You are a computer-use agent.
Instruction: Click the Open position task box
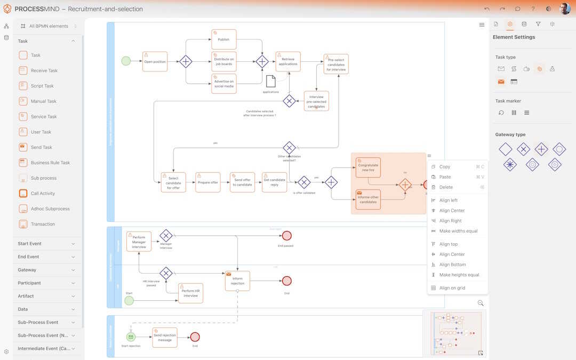[155, 62]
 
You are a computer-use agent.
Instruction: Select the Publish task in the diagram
[223, 39]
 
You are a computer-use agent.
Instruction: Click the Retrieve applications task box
[288, 62]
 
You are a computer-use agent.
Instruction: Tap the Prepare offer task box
[207, 182]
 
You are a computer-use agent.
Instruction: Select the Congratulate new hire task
[368, 167]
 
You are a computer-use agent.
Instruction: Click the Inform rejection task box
[237, 281]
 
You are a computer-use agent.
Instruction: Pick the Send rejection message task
[164, 338]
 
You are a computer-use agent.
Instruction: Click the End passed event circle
[287, 236]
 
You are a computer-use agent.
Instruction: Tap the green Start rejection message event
[131, 337]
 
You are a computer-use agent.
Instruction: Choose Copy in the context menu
[445, 167]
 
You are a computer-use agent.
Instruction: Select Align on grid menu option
[452, 288]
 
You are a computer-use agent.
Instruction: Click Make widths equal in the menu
[458, 231]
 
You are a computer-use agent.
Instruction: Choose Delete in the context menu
[446, 187]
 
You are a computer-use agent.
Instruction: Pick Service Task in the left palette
[44, 116]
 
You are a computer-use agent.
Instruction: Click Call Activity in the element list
[43, 193]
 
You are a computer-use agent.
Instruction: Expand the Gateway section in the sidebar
[47, 270]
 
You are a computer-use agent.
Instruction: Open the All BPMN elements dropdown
[49, 26]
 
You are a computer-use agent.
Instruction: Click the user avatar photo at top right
[565, 9]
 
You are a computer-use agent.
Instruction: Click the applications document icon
[271, 81]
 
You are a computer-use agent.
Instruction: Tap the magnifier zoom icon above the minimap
[481, 303]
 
